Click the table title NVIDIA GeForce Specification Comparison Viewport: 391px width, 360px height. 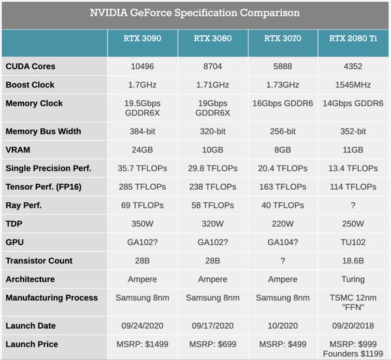point(195,12)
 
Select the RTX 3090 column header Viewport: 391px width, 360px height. point(142,38)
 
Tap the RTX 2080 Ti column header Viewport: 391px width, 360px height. point(354,38)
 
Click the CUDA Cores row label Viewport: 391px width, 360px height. point(31,67)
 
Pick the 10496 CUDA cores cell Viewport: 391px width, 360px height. point(142,67)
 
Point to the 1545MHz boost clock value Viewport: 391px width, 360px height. point(354,85)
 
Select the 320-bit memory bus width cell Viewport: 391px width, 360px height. point(213,131)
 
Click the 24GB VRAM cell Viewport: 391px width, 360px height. point(142,149)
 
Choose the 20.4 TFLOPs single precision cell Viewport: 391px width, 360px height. point(283,168)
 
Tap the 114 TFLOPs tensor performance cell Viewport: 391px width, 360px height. point(354,187)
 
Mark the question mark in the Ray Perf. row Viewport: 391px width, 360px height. point(354,205)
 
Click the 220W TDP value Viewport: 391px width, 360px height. point(283,223)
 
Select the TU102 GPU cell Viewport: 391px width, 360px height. point(354,242)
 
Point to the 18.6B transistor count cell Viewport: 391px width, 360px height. point(354,260)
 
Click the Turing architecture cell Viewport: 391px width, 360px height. point(354,279)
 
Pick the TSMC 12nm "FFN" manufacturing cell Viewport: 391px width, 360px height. point(354,302)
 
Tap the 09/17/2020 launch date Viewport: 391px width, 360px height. point(213,325)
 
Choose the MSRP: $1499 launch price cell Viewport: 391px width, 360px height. point(142,344)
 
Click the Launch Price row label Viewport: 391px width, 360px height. point(32,344)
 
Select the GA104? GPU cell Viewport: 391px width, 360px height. point(283,242)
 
